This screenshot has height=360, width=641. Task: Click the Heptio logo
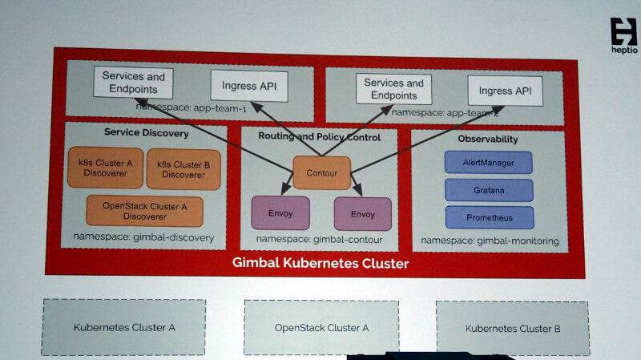click(x=624, y=36)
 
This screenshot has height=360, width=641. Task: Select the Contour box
click(x=322, y=172)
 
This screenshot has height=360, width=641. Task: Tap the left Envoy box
click(x=280, y=213)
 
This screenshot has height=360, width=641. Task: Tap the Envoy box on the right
click(x=363, y=214)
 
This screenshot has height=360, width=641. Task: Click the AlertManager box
click(x=489, y=163)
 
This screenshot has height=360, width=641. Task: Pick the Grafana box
click(x=489, y=190)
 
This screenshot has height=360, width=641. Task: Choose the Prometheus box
click(x=490, y=217)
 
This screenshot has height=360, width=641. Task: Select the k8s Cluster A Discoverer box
click(x=106, y=168)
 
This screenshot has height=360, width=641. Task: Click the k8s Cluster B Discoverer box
click(x=183, y=169)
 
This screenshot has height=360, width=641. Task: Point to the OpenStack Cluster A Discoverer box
click(x=145, y=211)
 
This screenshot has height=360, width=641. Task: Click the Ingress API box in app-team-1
click(x=249, y=86)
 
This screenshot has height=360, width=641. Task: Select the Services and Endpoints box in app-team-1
click(x=133, y=83)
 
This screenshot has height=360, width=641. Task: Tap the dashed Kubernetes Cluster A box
click(x=123, y=327)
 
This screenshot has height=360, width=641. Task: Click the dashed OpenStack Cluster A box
click(x=321, y=328)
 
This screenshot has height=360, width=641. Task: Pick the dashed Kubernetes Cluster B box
click(x=513, y=329)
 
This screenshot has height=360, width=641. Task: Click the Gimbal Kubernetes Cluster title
click(x=320, y=263)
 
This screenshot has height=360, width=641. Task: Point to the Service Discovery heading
click(x=147, y=132)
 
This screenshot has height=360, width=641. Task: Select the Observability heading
click(x=488, y=139)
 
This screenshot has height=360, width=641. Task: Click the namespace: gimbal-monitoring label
click(x=490, y=241)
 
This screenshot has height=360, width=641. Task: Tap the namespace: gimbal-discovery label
click(x=143, y=237)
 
